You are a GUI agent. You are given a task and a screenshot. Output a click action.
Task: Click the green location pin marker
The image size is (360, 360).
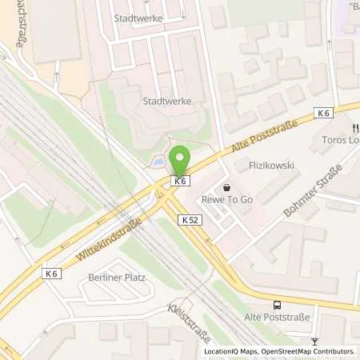point(180,161)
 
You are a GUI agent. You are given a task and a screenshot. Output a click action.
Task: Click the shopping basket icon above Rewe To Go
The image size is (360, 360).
point(226,188)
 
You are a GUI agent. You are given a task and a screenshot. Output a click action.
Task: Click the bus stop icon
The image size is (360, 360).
point(277,304)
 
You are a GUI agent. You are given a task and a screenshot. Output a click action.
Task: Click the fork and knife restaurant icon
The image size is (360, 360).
point(350,127)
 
